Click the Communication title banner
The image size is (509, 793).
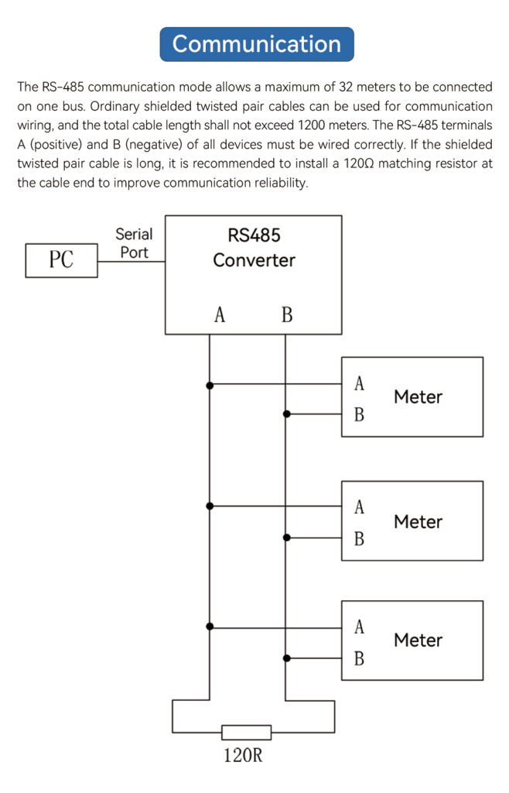tap(257, 44)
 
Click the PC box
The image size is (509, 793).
tap(61, 260)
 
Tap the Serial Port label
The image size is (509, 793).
tap(134, 243)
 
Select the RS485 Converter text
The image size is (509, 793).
tap(254, 248)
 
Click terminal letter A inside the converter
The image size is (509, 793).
tap(219, 314)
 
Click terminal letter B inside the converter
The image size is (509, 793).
tap(287, 314)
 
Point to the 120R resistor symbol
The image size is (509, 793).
tap(247, 732)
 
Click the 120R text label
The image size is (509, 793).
tap(243, 755)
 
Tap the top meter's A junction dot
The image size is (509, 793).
tap(210, 386)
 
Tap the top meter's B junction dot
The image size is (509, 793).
tap(286, 414)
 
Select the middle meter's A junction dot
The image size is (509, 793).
tap(210, 506)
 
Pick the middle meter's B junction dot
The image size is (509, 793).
tap(286, 537)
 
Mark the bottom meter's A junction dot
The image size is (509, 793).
tap(210, 627)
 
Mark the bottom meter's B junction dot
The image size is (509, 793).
tap(286, 658)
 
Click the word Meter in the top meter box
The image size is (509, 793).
tap(418, 397)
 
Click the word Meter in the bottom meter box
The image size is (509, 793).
tap(418, 640)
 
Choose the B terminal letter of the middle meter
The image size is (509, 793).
tap(359, 539)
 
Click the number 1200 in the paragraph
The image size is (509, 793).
tap(312, 125)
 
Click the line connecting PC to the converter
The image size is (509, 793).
tap(132, 262)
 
